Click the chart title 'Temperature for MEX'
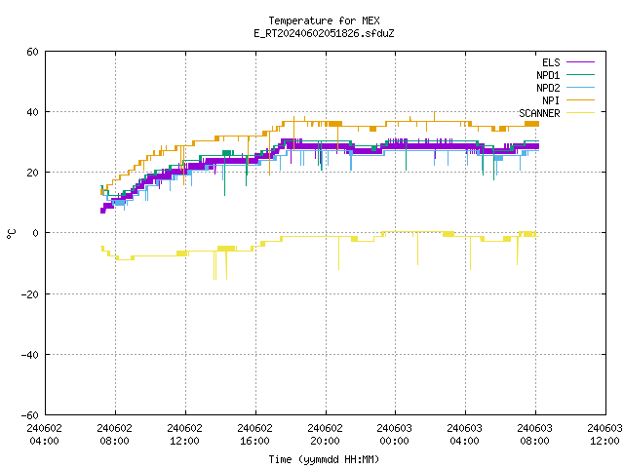coord(324,20)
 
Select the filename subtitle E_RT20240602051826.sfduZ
coord(324,33)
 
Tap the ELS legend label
coord(551,62)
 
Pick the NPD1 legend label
coord(548,75)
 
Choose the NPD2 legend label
coord(548,88)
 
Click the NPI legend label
coord(551,100)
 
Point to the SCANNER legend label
coord(539,113)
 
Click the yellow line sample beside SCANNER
coord(580,113)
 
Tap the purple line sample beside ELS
coord(580,62)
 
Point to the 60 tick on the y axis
coord(32,52)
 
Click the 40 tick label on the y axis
coord(32,112)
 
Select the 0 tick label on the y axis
coord(36,233)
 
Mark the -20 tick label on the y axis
coord(30,294)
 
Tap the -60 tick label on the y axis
coord(30,415)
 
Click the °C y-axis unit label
coord(11,234)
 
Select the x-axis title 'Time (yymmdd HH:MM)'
coord(324,459)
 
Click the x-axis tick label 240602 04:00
coord(45,435)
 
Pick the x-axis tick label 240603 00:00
coord(394,435)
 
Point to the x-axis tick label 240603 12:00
coord(604,435)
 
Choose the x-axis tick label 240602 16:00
coord(254,435)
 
